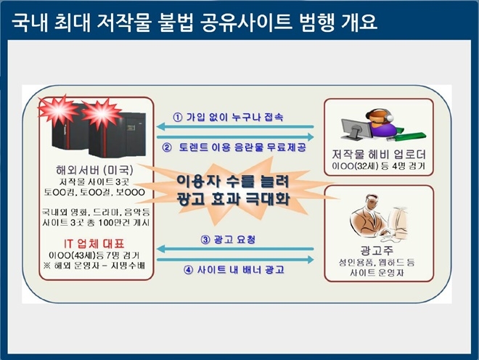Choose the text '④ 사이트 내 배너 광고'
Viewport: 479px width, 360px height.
click(x=233, y=270)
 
